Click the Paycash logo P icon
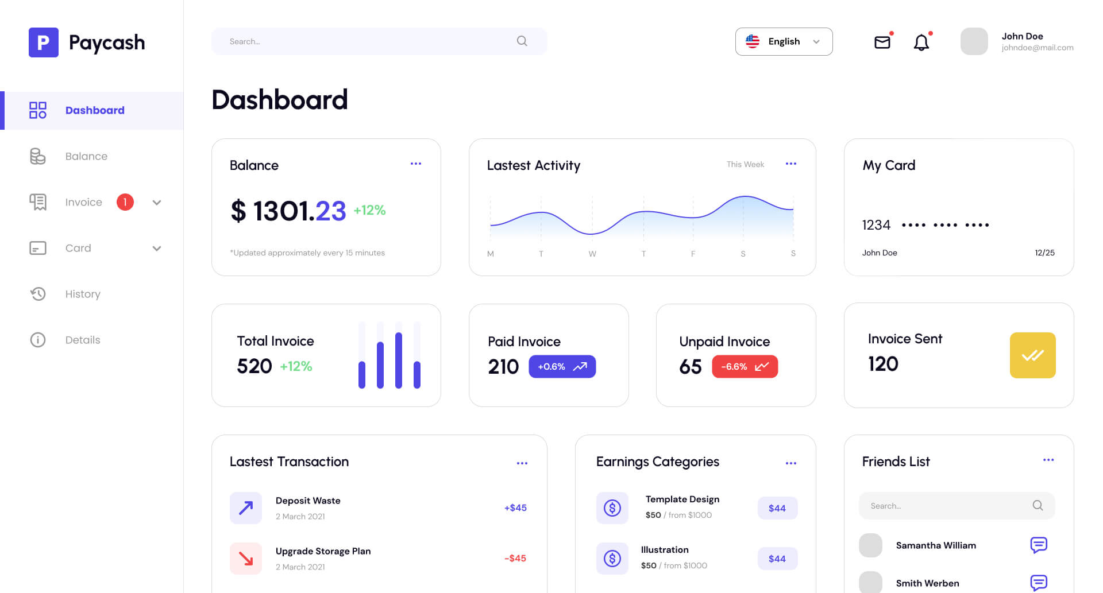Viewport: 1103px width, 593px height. pos(44,42)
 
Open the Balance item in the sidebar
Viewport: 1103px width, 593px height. pos(86,156)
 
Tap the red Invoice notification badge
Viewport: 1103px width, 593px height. pos(125,202)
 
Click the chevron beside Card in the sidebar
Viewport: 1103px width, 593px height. pos(157,249)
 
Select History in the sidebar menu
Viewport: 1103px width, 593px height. pos(83,294)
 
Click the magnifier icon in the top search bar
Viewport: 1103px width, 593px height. pos(522,41)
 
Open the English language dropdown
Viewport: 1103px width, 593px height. pos(784,41)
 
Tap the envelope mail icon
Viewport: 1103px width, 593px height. pos(882,42)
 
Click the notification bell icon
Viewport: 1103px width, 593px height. pos(921,42)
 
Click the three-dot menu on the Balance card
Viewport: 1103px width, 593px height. pos(416,164)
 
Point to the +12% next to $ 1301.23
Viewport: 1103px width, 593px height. pos(369,210)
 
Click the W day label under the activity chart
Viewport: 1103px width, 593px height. pos(592,254)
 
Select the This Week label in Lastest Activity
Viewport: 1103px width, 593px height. pos(745,165)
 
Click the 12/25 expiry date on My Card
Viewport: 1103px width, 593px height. pos(1044,253)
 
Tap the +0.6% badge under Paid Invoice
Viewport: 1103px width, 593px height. pos(562,367)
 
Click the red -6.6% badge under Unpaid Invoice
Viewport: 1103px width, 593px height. pos(745,367)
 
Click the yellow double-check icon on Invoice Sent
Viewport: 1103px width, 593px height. pos(1032,355)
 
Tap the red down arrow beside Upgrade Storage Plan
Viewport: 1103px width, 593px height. pos(246,559)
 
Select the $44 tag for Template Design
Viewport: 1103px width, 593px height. pos(777,508)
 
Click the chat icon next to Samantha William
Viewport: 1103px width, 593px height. pos(1039,545)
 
